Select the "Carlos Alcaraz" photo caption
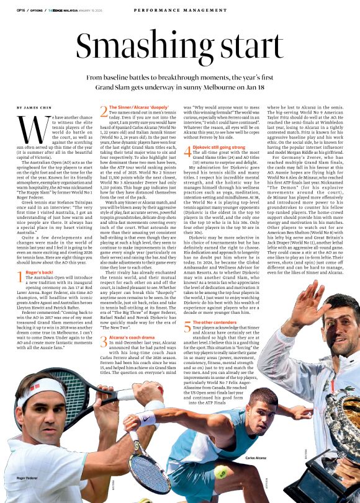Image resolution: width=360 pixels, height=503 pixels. (256, 458)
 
